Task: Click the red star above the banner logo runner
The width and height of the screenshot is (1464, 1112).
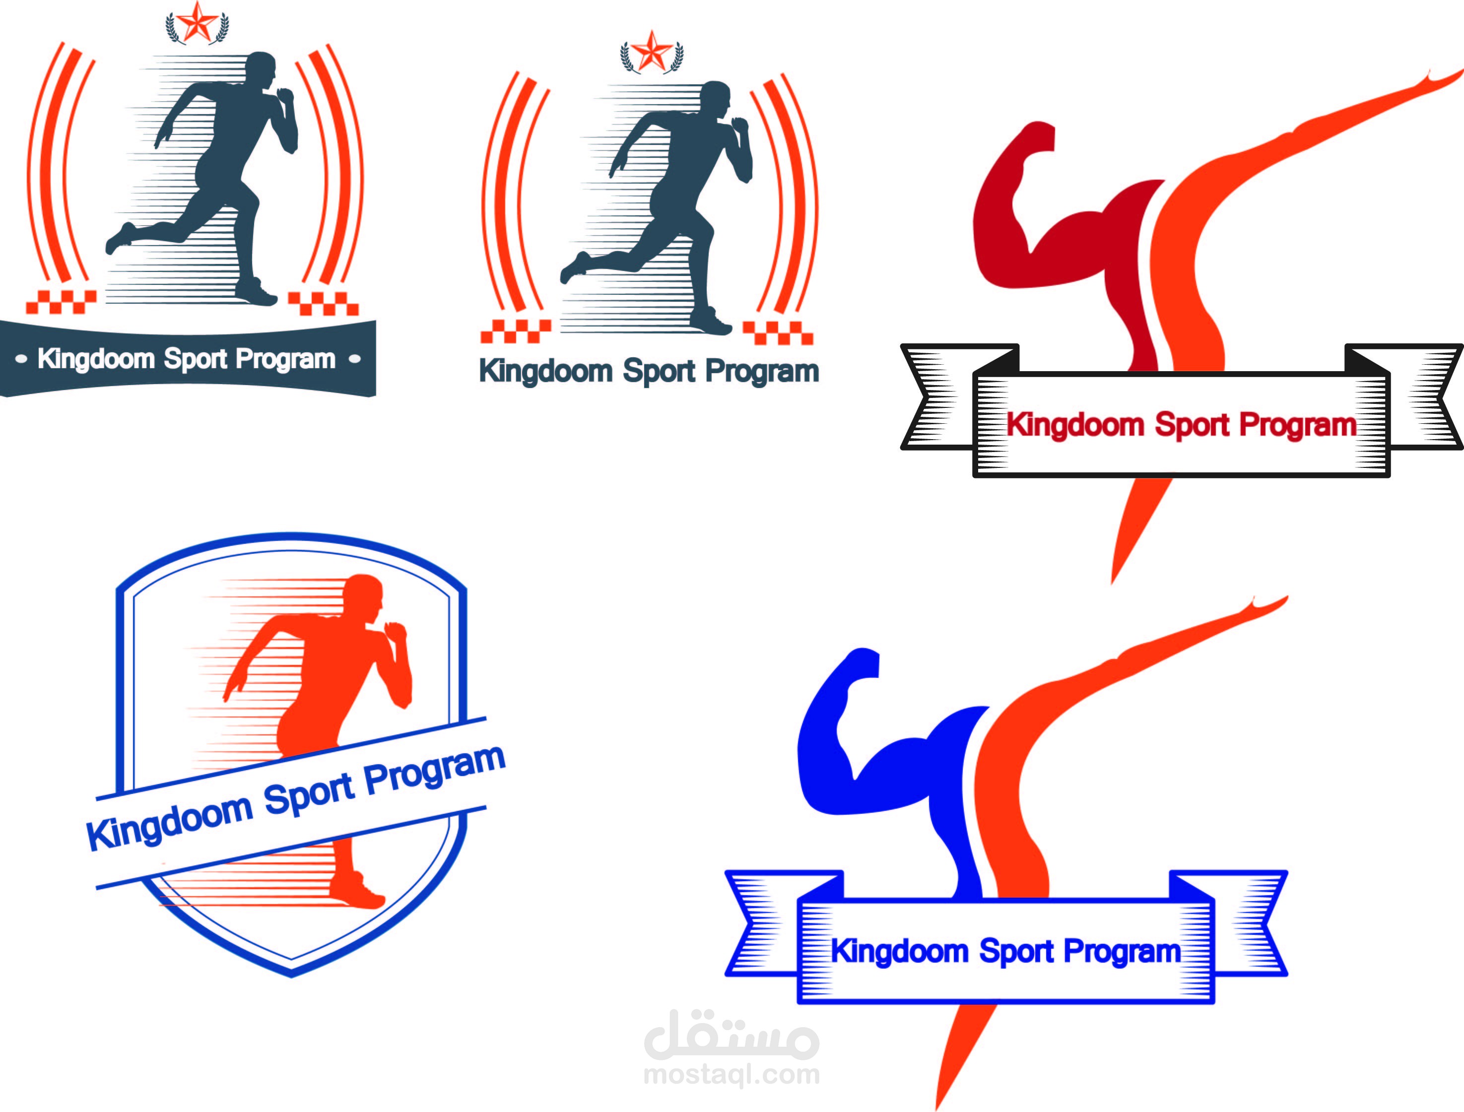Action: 197,22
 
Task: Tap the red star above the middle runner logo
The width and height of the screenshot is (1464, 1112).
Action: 652,51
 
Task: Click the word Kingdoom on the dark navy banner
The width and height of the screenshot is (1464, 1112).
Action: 96,359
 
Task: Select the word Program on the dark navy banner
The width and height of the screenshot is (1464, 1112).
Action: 285,359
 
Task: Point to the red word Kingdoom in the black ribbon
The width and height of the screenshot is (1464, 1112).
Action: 1075,425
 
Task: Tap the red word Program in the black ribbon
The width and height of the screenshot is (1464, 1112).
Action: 1297,425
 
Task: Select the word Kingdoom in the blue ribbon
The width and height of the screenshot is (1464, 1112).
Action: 899,952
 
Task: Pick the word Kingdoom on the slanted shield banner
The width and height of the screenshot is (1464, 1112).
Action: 169,821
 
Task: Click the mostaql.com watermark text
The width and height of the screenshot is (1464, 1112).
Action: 732,1074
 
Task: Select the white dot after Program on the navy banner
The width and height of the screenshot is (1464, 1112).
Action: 355,359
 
